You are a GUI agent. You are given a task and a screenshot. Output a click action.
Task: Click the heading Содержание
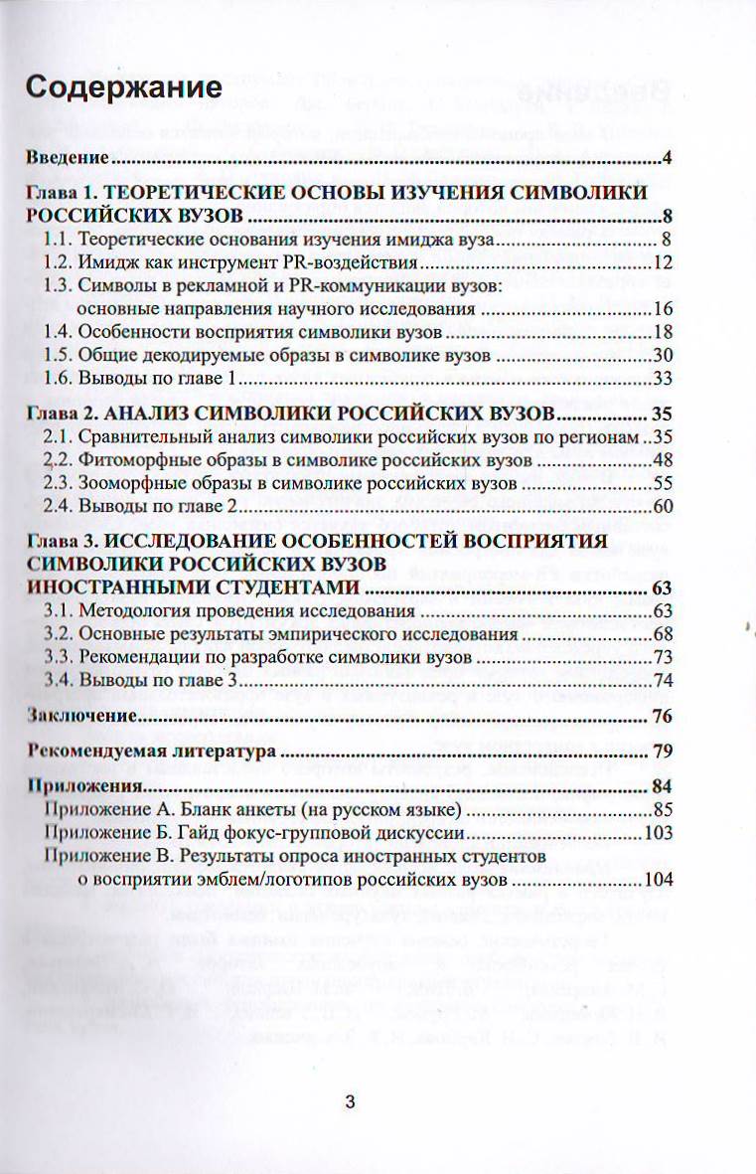point(123,88)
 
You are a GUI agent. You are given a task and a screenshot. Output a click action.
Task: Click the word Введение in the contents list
point(67,158)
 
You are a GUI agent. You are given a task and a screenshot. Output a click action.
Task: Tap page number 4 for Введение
point(670,158)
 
